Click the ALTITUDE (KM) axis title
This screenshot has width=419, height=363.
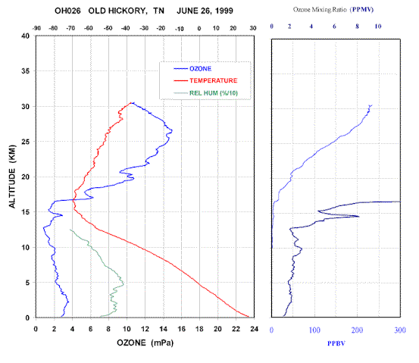12,177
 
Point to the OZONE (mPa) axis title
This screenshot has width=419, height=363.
145,343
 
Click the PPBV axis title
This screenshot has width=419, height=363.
336,343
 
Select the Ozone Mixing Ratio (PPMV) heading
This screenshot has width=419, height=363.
333,10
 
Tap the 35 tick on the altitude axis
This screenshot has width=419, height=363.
26,71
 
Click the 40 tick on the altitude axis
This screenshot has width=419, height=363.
26,36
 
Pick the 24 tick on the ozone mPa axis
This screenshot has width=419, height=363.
254,329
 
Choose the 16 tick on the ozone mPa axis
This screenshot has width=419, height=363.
181,329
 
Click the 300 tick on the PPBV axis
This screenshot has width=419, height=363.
400,330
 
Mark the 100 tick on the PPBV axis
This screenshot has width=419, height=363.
314,330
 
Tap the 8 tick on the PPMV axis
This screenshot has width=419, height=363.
357,27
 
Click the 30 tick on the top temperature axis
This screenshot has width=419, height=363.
253,28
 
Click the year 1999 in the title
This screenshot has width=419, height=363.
224,11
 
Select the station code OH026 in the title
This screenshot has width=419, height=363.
67,11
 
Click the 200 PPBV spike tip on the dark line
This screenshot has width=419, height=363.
359,216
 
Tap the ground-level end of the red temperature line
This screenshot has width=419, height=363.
249,317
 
